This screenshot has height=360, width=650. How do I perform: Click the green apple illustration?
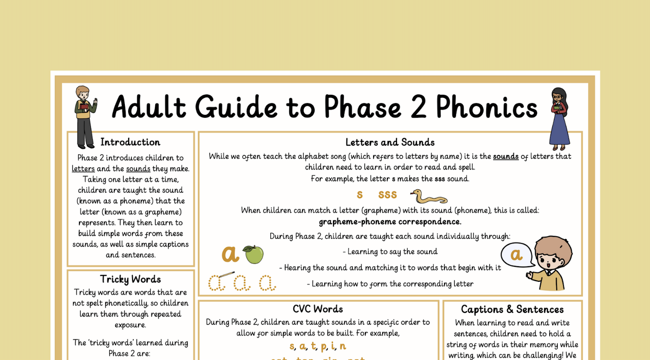[254, 254]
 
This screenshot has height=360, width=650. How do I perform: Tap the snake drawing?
[429, 197]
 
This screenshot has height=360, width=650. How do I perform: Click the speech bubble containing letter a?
[516, 255]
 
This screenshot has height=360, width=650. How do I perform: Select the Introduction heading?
[130, 142]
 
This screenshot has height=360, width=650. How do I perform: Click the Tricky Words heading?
[130, 279]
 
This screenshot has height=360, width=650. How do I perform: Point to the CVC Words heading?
[318, 309]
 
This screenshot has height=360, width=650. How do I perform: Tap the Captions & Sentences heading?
[512, 309]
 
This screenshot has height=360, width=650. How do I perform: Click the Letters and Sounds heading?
[390, 142]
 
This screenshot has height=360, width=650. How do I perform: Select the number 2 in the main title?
[418, 107]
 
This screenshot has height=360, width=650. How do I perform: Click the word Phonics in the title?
[486, 107]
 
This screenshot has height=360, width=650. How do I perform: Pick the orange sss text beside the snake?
[387, 195]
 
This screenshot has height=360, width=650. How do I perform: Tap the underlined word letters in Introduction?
[83, 169]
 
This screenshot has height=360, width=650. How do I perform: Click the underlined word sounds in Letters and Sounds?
[506, 156]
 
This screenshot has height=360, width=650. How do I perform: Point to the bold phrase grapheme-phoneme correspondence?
[390, 222]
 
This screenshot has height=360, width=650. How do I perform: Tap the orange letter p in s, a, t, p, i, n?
[324, 346]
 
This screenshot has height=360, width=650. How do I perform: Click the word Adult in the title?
[149, 107]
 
